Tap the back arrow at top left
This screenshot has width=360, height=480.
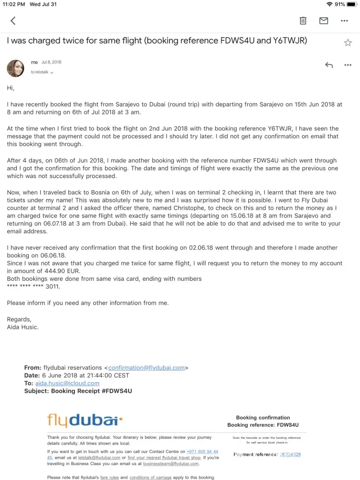coord(13,21)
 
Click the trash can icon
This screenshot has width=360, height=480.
coord(303,21)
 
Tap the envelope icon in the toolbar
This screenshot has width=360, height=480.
coord(324,21)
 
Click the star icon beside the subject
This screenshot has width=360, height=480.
coord(348,43)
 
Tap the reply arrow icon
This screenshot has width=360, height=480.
coord(329,65)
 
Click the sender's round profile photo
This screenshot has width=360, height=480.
coord(15,68)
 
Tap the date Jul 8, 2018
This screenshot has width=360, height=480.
coord(51,62)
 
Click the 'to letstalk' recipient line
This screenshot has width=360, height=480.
coord(42,72)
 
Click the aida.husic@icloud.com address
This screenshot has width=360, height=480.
coord(67,383)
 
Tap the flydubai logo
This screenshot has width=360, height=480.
coord(85,421)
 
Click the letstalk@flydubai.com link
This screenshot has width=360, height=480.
coord(99,457)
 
